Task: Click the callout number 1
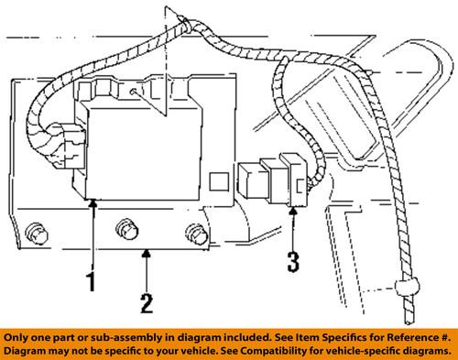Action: [x=92, y=282]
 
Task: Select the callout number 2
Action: [x=147, y=303]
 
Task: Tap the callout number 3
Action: [x=293, y=262]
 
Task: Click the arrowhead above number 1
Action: [x=93, y=202]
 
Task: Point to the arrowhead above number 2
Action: [x=147, y=253]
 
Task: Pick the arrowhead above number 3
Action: [x=293, y=211]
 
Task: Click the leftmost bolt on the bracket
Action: [x=37, y=234]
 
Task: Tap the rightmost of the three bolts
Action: [x=197, y=235]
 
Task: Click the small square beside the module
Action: [x=219, y=181]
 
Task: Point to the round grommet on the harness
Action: [x=408, y=288]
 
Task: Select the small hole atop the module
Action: [x=133, y=92]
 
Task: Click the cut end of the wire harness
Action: [x=409, y=322]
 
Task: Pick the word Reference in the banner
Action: [x=410, y=337]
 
